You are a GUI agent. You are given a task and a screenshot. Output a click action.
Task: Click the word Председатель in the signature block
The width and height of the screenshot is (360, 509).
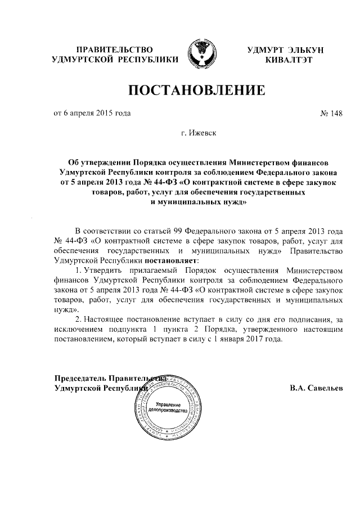click(x=79, y=379)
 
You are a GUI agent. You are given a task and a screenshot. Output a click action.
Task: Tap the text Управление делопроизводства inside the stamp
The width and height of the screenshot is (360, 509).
click(x=168, y=408)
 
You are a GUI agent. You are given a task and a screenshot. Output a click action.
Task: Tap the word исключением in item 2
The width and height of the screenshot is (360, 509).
click(x=78, y=330)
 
